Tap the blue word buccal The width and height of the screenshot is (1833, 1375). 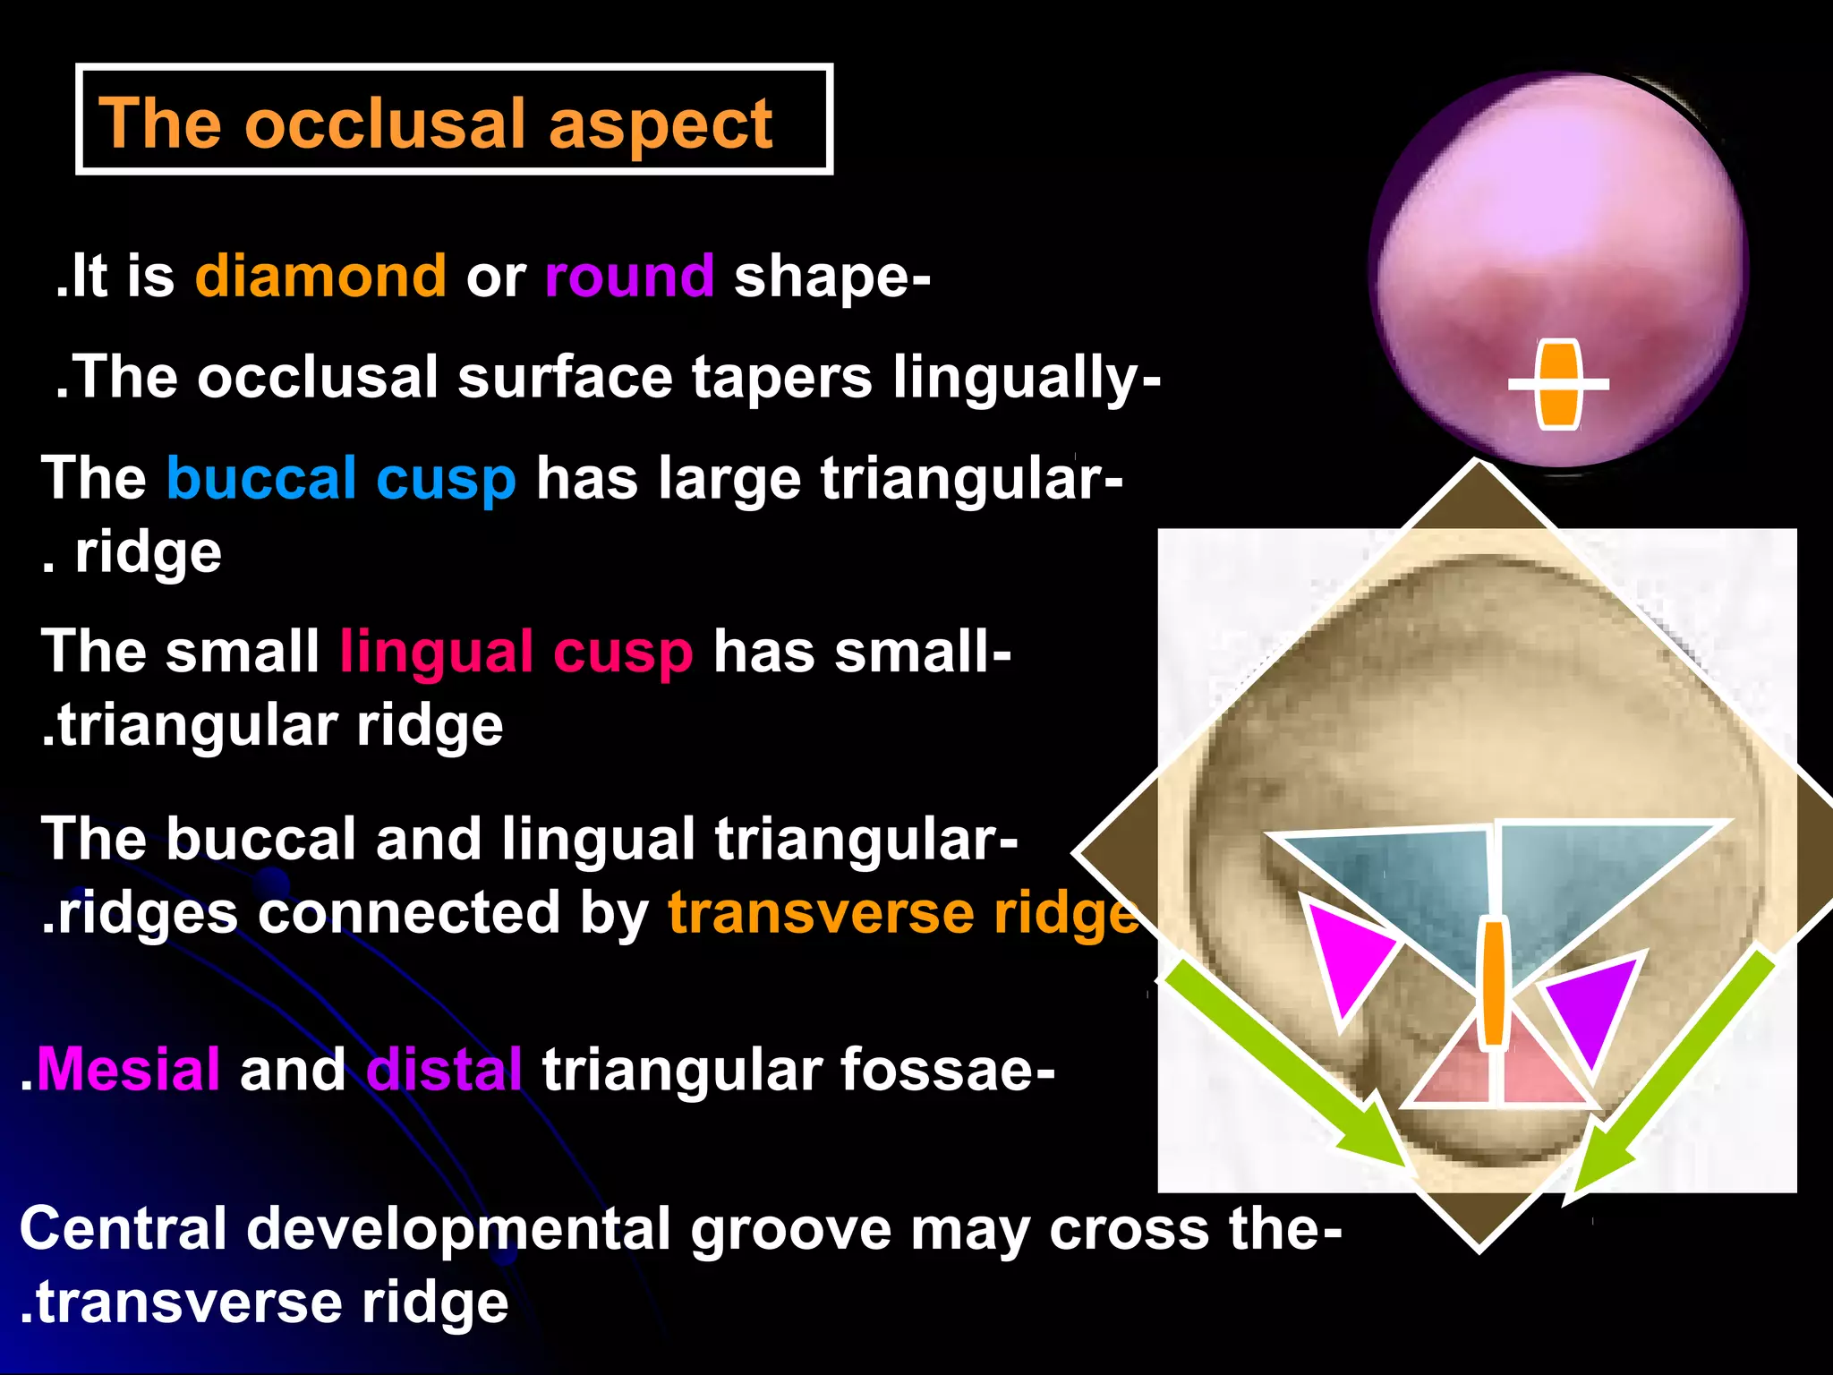point(261,478)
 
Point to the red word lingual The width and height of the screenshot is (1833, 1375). point(436,651)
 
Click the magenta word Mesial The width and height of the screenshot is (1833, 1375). point(129,1069)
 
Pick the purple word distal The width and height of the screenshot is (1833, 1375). point(444,1069)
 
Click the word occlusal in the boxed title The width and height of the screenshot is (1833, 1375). point(385,123)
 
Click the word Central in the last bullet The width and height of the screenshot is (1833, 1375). point(123,1228)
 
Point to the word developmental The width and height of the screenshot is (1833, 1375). point(457,1228)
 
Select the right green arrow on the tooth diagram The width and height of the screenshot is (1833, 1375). point(1674,1074)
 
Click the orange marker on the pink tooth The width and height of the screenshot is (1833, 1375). point(1558,385)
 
